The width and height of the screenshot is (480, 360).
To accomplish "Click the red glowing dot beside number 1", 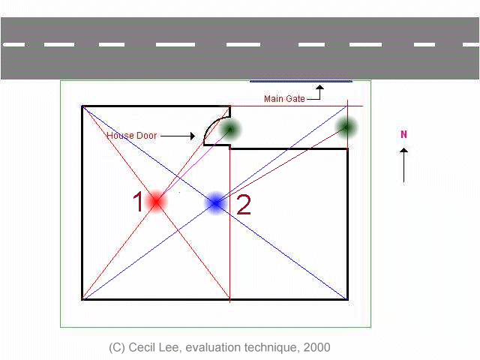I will point(156,201).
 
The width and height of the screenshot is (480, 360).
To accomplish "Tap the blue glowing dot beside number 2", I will point(216,202).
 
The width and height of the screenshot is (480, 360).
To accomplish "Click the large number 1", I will point(138,202).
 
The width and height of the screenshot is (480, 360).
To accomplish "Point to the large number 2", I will point(244,205).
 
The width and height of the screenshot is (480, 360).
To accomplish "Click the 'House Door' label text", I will point(131,136).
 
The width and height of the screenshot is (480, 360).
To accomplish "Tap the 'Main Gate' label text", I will point(284,99).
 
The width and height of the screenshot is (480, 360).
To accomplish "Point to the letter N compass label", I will point(403,135).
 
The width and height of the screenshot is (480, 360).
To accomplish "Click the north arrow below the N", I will point(403,165).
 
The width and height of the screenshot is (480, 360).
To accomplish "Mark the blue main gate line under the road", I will point(301,81).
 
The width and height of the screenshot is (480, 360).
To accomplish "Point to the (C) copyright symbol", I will point(117,347).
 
